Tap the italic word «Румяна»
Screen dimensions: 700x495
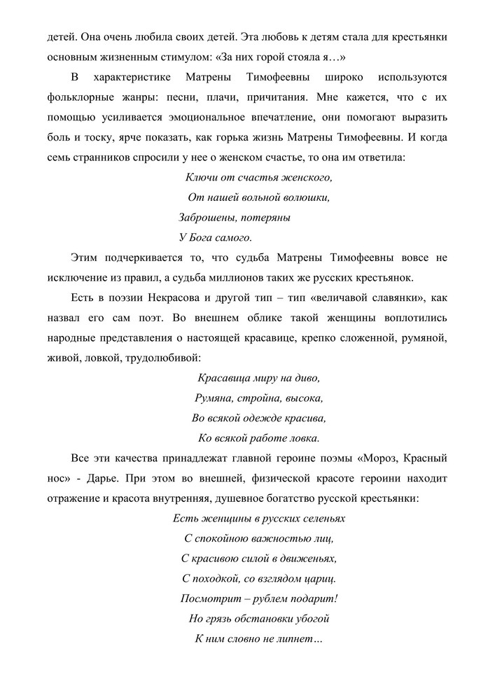point(214,398)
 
